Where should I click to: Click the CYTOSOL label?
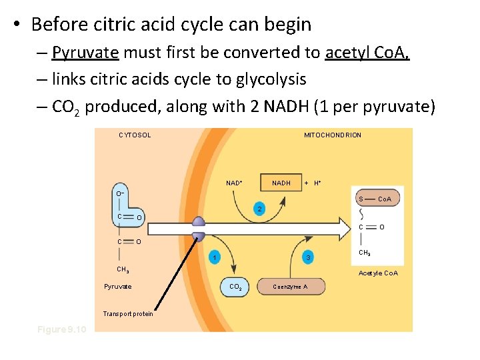[x=135, y=135]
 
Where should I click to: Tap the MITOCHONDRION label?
[x=333, y=135]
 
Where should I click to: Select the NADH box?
[x=281, y=182]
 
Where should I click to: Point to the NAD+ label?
[x=234, y=183]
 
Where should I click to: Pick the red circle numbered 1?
[x=214, y=257]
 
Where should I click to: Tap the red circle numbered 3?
[x=307, y=257]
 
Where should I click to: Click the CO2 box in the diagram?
[x=235, y=287]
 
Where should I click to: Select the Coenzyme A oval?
[x=290, y=287]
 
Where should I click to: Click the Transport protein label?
[x=127, y=314]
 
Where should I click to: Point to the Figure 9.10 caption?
[x=62, y=329]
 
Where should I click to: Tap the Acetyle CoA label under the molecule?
[x=378, y=273]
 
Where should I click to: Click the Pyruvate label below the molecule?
[x=118, y=287]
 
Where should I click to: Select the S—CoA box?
[x=375, y=199]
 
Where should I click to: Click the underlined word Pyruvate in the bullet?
[x=85, y=53]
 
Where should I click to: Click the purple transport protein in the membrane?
[x=199, y=229]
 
